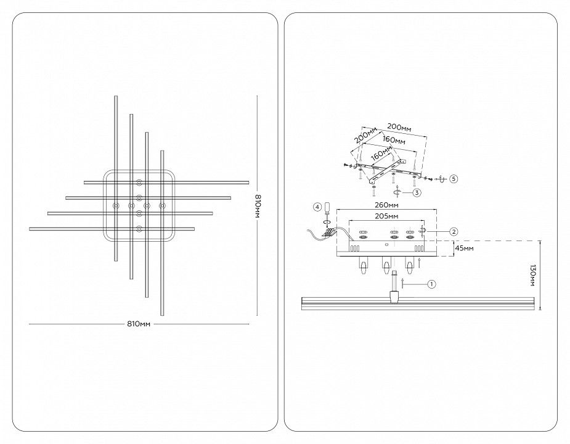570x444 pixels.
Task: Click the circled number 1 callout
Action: [x=431, y=284]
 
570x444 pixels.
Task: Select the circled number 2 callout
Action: [x=454, y=231]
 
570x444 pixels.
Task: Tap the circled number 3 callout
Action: [x=417, y=192]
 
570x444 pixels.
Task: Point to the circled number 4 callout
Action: [x=317, y=207]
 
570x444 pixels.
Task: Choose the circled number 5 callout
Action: [x=454, y=179]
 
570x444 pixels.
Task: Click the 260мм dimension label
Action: [x=386, y=205]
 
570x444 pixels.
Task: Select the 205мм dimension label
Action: [x=386, y=216]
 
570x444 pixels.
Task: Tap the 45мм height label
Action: [x=465, y=248]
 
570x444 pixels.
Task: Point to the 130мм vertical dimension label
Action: [x=533, y=276]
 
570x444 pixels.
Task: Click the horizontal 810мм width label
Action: [x=139, y=324]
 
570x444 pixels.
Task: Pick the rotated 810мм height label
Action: [x=258, y=205]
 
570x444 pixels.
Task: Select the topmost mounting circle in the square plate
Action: [x=139, y=183]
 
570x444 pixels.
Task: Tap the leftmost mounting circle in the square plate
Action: [x=116, y=206]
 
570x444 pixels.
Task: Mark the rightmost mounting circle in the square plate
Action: [x=162, y=206]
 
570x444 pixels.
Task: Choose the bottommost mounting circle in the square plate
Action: [x=139, y=229]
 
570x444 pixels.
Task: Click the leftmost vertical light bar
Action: [x=116, y=178]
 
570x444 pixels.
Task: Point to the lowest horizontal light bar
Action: [x=112, y=229]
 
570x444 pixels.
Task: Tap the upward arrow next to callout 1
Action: [x=402, y=284]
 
